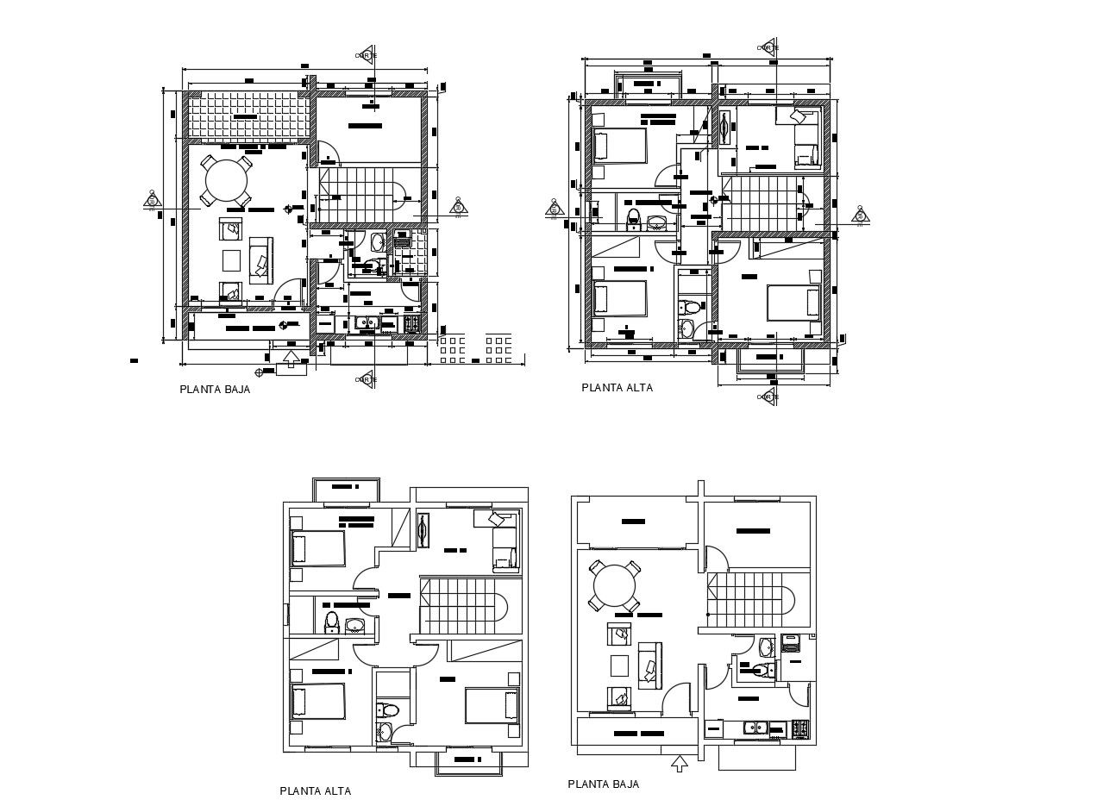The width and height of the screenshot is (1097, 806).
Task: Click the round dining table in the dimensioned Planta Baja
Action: point(226,180)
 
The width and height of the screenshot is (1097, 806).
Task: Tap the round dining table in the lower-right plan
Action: point(614,586)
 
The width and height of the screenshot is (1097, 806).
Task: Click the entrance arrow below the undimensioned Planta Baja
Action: point(680,763)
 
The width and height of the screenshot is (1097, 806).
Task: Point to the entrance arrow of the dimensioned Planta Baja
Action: point(291,359)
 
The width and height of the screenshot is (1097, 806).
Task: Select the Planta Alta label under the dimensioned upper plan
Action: point(617,388)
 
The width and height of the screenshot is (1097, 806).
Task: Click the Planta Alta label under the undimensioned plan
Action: point(315,790)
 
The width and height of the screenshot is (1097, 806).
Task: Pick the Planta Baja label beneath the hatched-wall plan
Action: point(215,390)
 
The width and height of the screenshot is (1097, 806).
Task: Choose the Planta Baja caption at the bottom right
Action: point(603,784)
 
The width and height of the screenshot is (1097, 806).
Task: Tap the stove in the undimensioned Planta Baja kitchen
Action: point(800,729)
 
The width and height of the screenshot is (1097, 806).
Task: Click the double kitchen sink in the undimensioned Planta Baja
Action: point(756,728)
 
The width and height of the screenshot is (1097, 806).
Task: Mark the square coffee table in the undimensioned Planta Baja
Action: point(619,665)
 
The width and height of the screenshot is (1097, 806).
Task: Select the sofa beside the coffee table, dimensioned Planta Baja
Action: point(260,260)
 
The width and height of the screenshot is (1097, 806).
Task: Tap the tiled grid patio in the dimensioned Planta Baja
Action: point(248,117)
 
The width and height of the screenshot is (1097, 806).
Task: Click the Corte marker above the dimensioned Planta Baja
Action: point(367,55)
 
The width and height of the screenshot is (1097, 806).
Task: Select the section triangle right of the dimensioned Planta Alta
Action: point(860,216)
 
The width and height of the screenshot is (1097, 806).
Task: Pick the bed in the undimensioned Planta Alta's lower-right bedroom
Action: point(492,705)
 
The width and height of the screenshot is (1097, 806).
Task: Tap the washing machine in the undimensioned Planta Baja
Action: point(790,643)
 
